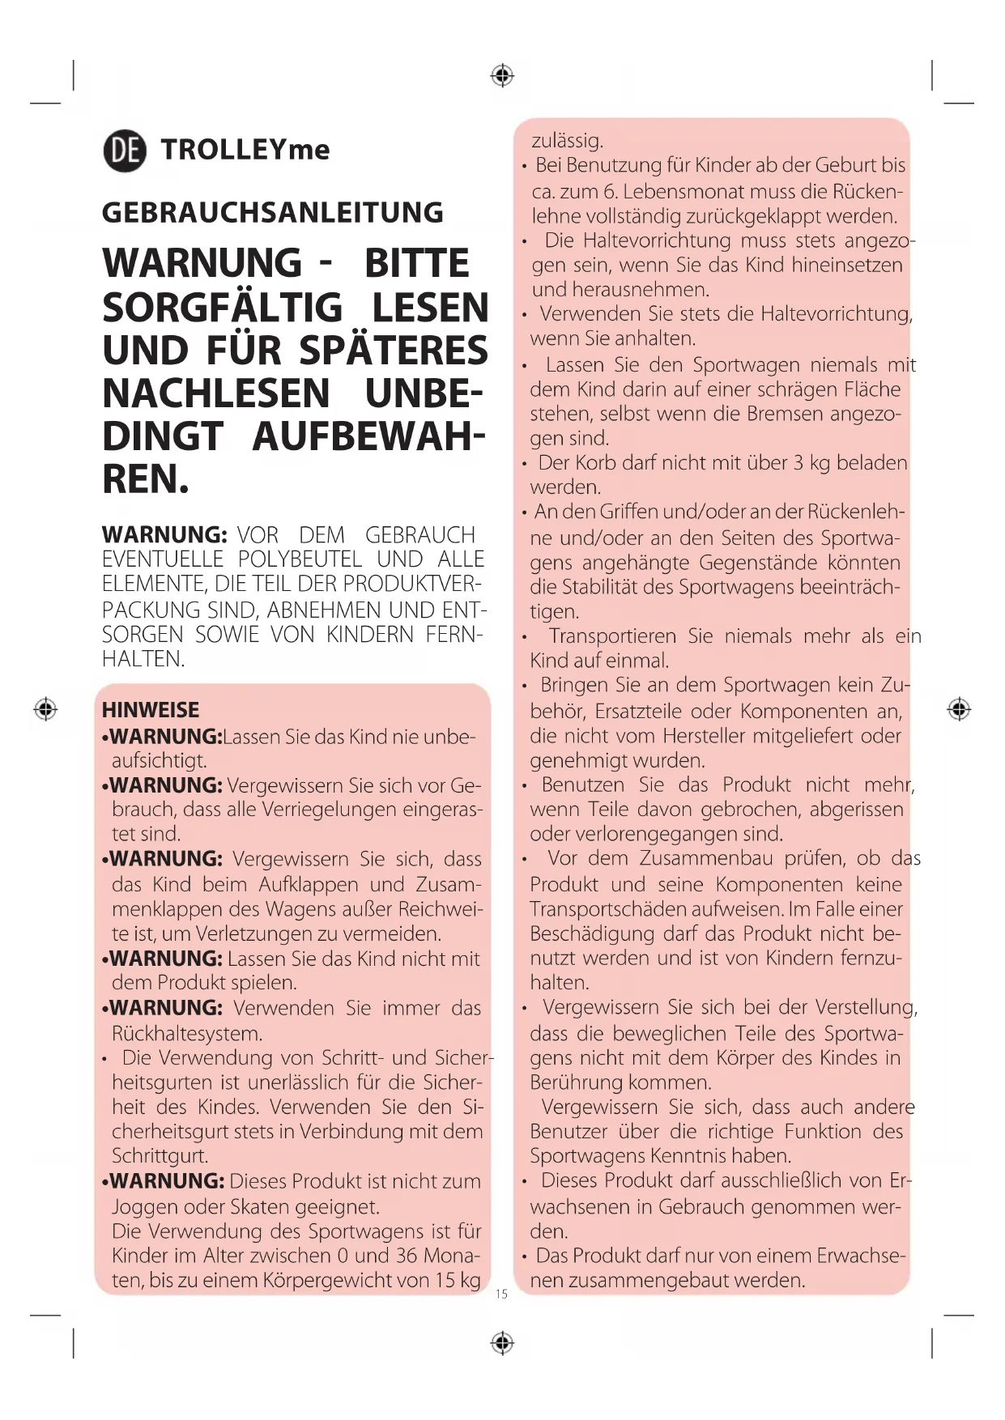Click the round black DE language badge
point(125,151)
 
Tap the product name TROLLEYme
point(245,150)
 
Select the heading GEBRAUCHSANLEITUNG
point(272,213)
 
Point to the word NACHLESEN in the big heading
point(216,394)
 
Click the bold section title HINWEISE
point(151,710)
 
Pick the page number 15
point(501,1295)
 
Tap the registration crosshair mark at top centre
point(502,76)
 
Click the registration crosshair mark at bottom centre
point(502,1343)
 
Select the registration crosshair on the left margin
point(45,709)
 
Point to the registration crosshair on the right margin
point(959,709)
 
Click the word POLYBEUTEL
point(300,559)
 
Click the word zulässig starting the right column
point(567,141)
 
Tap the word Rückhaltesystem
point(187,1034)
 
